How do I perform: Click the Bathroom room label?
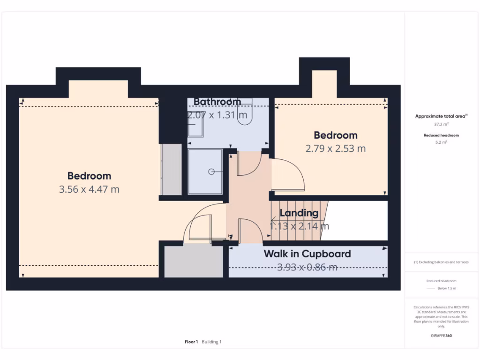tap(217, 102)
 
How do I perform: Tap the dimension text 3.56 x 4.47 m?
tap(89, 189)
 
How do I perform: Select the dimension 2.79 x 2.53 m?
tap(336, 149)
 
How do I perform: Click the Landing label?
tap(299, 213)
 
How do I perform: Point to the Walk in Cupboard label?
tap(307, 254)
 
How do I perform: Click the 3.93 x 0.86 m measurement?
tap(307, 267)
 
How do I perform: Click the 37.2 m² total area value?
tap(441, 125)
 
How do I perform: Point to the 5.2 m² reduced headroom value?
tap(441, 142)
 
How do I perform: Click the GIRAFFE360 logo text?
tap(441, 336)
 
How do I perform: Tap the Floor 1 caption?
tap(191, 342)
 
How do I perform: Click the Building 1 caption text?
tap(211, 342)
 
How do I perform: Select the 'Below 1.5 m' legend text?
tap(446, 288)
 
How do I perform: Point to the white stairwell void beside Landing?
tap(359, 220)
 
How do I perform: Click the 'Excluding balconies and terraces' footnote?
tap(441, 262)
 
